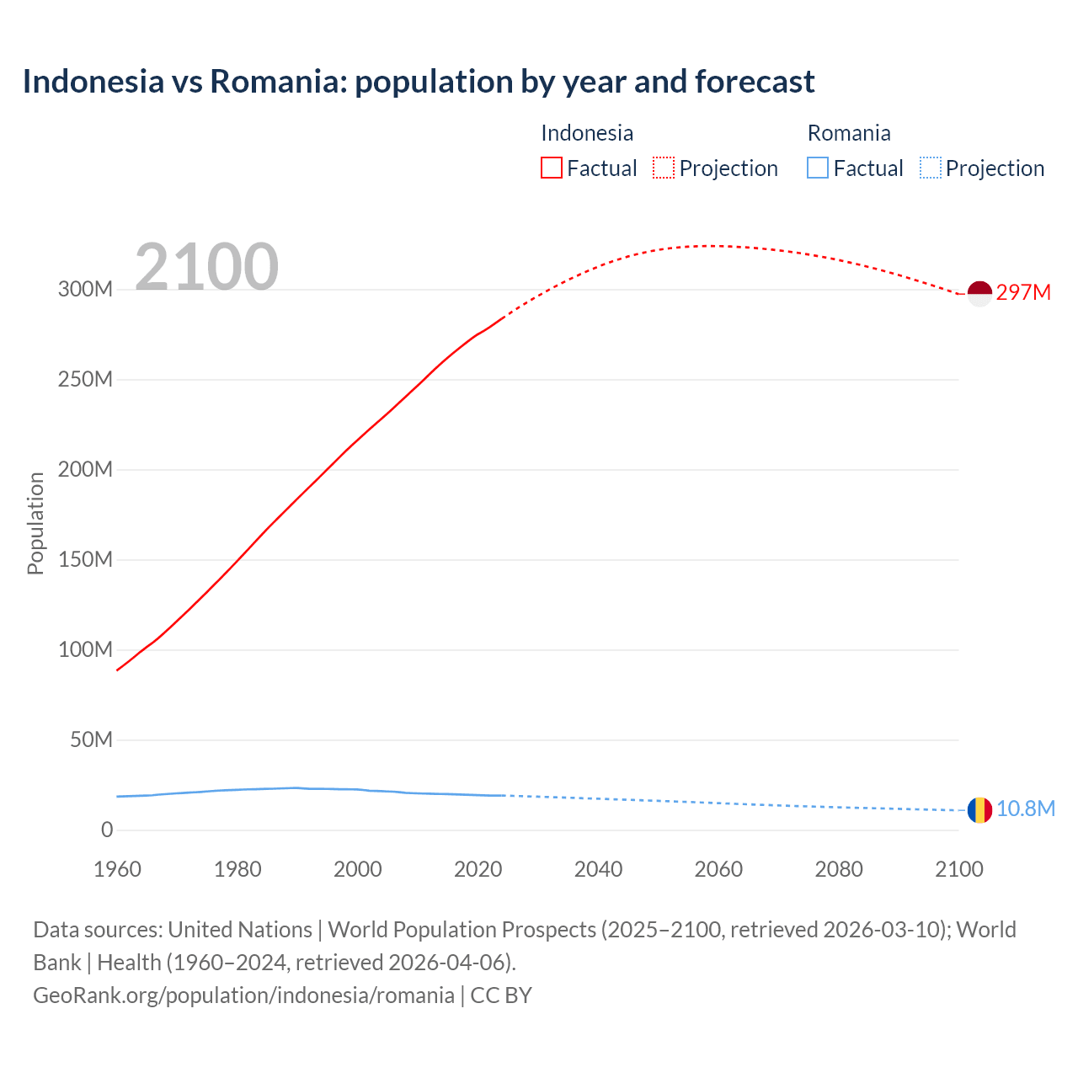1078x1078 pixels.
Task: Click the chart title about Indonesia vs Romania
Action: coord(419,82)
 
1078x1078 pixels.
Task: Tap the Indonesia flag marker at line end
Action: coord(979,293)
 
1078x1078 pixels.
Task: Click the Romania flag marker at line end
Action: coord(979,810)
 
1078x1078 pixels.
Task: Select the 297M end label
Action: coord(1023,292)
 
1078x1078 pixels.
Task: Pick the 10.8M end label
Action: coord(1025,809)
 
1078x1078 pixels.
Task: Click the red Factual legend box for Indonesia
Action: coord(552,168)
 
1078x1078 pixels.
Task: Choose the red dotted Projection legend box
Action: coord(664,168)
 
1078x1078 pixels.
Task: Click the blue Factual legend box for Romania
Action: coord(818,168)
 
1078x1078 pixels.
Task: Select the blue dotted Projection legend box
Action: coord(931,168)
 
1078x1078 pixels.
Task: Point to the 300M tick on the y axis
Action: coord(85,290)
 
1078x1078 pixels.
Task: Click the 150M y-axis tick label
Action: coord(85,560)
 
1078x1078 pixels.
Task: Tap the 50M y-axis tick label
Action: coord(91,740)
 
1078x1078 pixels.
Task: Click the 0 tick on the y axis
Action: coord(107,830)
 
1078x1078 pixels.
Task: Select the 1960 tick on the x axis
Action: coord(118,869)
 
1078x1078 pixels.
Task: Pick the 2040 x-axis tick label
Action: coord(599,869)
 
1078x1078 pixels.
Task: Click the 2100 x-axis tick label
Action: coord(959,869)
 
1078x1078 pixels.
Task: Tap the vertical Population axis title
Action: coord(35,524)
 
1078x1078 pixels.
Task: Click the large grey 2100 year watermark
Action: coord(206,267)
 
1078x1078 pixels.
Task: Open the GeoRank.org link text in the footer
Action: coord(243,995)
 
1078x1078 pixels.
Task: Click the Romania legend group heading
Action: coord(849,133)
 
